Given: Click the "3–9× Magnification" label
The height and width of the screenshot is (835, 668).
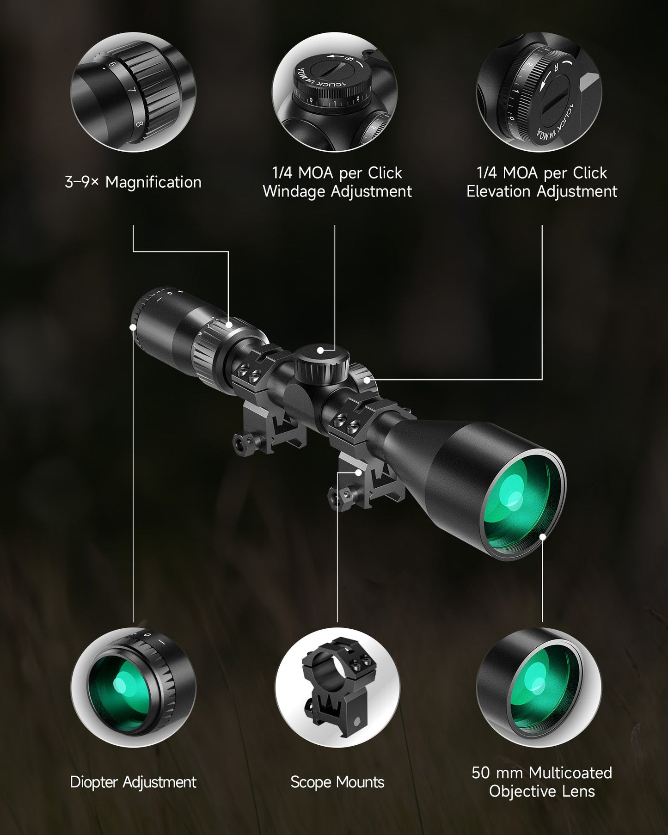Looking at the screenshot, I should pyautogui.click(x=133, y=182).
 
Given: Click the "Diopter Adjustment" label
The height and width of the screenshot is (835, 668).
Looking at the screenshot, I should pyautogui.click(x=133, y=782).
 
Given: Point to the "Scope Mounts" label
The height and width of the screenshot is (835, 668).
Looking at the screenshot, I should pyautogui.click(x=337, y=782).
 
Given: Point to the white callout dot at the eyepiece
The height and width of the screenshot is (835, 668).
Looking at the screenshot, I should pyautogui.click(x=133, y=327).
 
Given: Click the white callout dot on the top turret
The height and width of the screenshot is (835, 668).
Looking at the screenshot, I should pyautogui.click(x=320, y=351).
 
